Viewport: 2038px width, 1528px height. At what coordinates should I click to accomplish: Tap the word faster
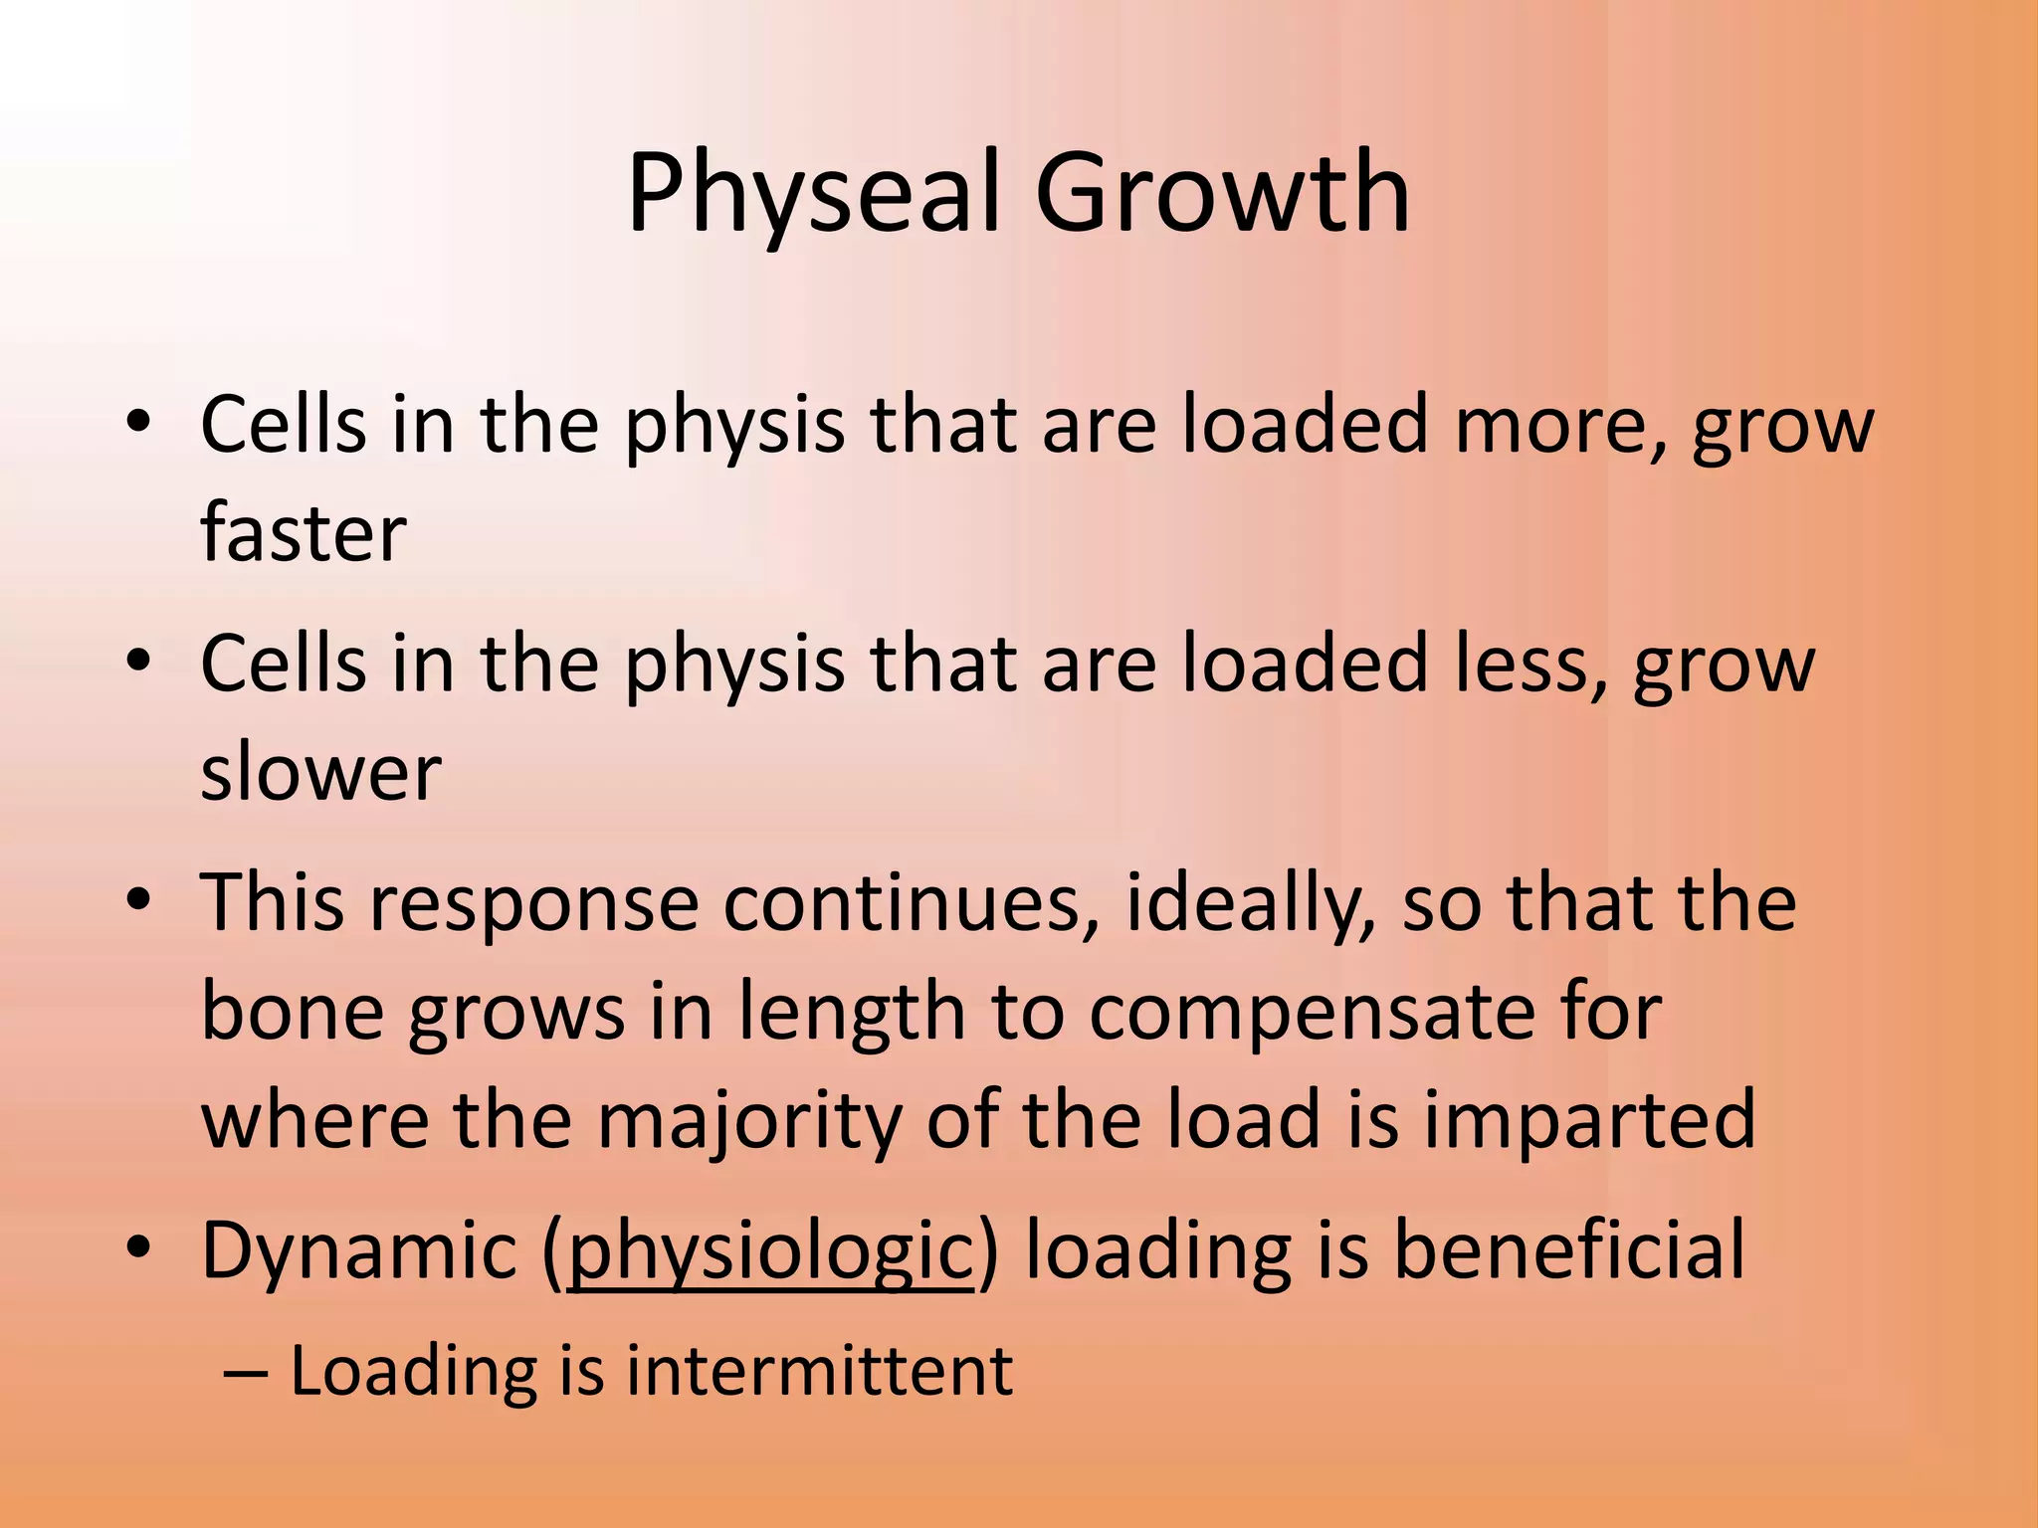point(304,533)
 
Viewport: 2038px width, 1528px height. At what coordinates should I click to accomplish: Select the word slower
point(320,772)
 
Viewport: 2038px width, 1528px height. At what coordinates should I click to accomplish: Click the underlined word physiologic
point(769,1251)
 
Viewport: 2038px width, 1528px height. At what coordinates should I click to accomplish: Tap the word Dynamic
point(359,1251)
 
